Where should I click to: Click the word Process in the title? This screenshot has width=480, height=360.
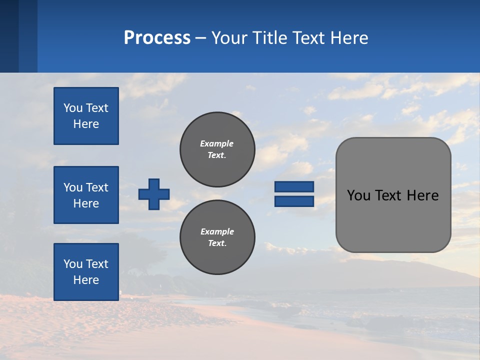coord(157,38)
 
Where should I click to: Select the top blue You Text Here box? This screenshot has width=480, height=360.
coord(86,116)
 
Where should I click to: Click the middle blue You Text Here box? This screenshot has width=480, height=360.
coord(86,195)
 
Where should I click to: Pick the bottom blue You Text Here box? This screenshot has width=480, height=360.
coord(86,272)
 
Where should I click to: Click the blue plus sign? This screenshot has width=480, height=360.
coord(154,194)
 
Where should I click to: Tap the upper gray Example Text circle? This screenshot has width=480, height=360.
coord(217,149)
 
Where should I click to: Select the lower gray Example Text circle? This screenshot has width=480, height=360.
coord(217,237)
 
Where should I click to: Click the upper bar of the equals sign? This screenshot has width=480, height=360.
coord(294,186)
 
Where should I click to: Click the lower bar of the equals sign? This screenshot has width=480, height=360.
coord(294,201)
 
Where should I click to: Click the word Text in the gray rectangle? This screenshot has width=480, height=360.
coord(389,195)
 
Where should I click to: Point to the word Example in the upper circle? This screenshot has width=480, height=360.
coord(217,143)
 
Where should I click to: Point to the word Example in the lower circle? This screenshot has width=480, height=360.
coord(217,231)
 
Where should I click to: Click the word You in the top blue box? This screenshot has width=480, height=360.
coord(72,108)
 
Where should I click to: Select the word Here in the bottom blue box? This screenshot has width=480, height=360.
coord(86,280)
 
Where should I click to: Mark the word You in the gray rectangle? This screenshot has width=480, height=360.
coord(358,195)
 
